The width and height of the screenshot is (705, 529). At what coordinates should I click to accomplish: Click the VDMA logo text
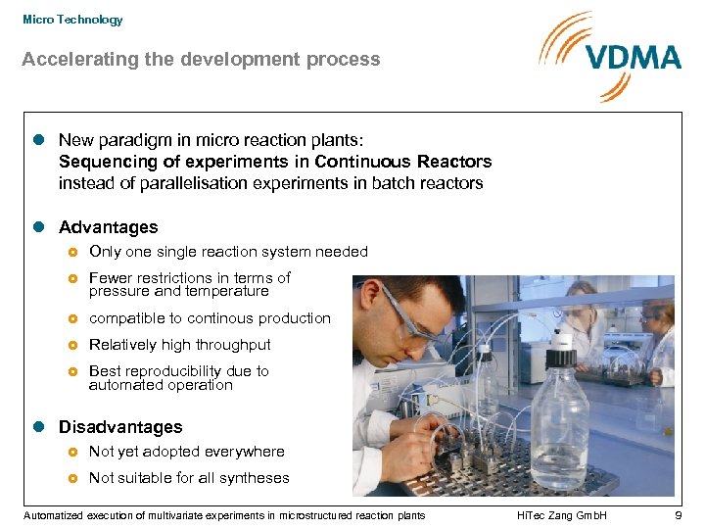[634, 57]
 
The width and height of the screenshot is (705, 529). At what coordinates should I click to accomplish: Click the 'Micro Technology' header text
[72, 20]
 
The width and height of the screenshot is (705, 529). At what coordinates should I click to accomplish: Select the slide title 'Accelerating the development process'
[201, 60]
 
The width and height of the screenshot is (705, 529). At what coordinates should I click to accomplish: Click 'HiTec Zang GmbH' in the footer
[563, 515]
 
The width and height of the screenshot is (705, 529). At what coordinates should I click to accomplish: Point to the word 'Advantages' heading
[108, 227]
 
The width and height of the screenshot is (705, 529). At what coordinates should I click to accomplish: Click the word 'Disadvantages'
[120, 427]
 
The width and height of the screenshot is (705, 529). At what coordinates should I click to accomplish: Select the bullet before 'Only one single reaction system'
[72, 253]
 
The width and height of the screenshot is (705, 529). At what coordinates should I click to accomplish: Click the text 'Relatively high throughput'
[179, 345]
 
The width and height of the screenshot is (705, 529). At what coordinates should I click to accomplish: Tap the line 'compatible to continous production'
[210, 318]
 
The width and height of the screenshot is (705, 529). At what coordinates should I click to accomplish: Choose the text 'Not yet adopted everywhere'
[186, 452]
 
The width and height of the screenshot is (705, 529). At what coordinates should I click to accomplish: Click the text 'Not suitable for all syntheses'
[189, 478]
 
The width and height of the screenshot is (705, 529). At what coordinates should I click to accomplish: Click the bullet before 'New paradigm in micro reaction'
[39, 141]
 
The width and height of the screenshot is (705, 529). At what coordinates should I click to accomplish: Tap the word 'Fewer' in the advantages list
[111, 278]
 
